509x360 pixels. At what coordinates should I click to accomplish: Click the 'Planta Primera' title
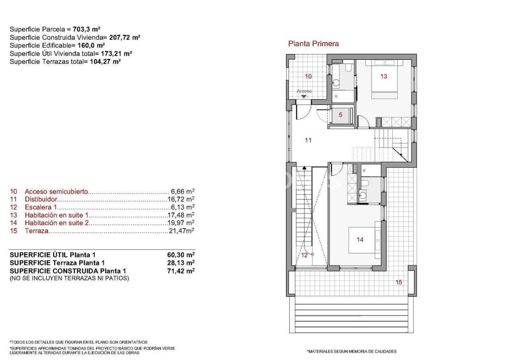tap(313, 44)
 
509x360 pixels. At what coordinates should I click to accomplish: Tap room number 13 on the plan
tap(383, 76)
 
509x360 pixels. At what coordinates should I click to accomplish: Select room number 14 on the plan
tap(360, 240)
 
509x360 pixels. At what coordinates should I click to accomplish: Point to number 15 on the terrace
tap(398, 282)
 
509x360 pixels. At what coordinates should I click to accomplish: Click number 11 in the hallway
tap(308, 140)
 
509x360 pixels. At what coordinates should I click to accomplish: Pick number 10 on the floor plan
tap(308, 76)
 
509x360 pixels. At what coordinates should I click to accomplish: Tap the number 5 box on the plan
tap(340, 115)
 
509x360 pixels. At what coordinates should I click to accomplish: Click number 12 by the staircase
tap(304, 255)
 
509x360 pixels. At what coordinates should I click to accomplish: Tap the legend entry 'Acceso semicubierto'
tap(56, 192)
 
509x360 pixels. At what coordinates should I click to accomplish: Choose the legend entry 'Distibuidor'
tap(41, 199)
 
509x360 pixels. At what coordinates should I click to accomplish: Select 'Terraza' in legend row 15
tap(37, 231)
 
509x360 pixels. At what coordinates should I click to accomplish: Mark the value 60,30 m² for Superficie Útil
tap(181, 255)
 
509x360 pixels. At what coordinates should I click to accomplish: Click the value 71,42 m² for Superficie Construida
tap(181, 271)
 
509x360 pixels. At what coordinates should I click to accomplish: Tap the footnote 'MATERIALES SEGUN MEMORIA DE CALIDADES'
tap(352, 352)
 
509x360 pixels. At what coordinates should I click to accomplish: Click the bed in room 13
tap(385, 79)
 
